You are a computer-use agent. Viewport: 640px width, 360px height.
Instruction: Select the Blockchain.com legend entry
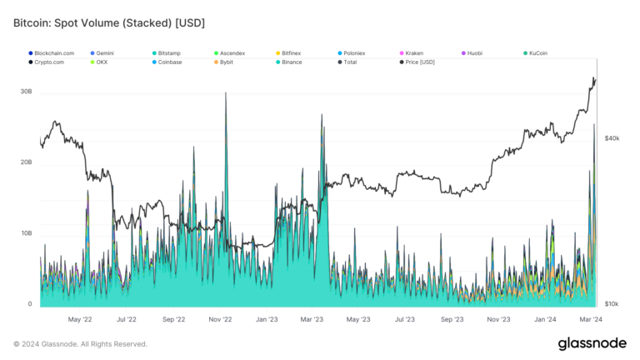[55, 53]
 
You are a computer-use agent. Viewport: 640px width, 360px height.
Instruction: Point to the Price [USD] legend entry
[420, 62]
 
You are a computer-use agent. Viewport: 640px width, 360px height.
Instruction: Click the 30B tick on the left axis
[26, 91]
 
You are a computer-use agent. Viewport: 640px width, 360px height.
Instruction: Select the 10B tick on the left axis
[26, 233]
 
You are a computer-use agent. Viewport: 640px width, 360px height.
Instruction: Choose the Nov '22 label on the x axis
[220, 318]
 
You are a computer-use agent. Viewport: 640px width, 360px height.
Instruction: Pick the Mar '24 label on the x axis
[591, 318]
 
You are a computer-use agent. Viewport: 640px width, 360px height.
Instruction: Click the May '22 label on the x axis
[79, 318]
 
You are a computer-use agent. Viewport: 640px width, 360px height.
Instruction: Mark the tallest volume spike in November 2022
[226, 94]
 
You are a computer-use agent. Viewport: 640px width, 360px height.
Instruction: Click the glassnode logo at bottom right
[592, 344]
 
